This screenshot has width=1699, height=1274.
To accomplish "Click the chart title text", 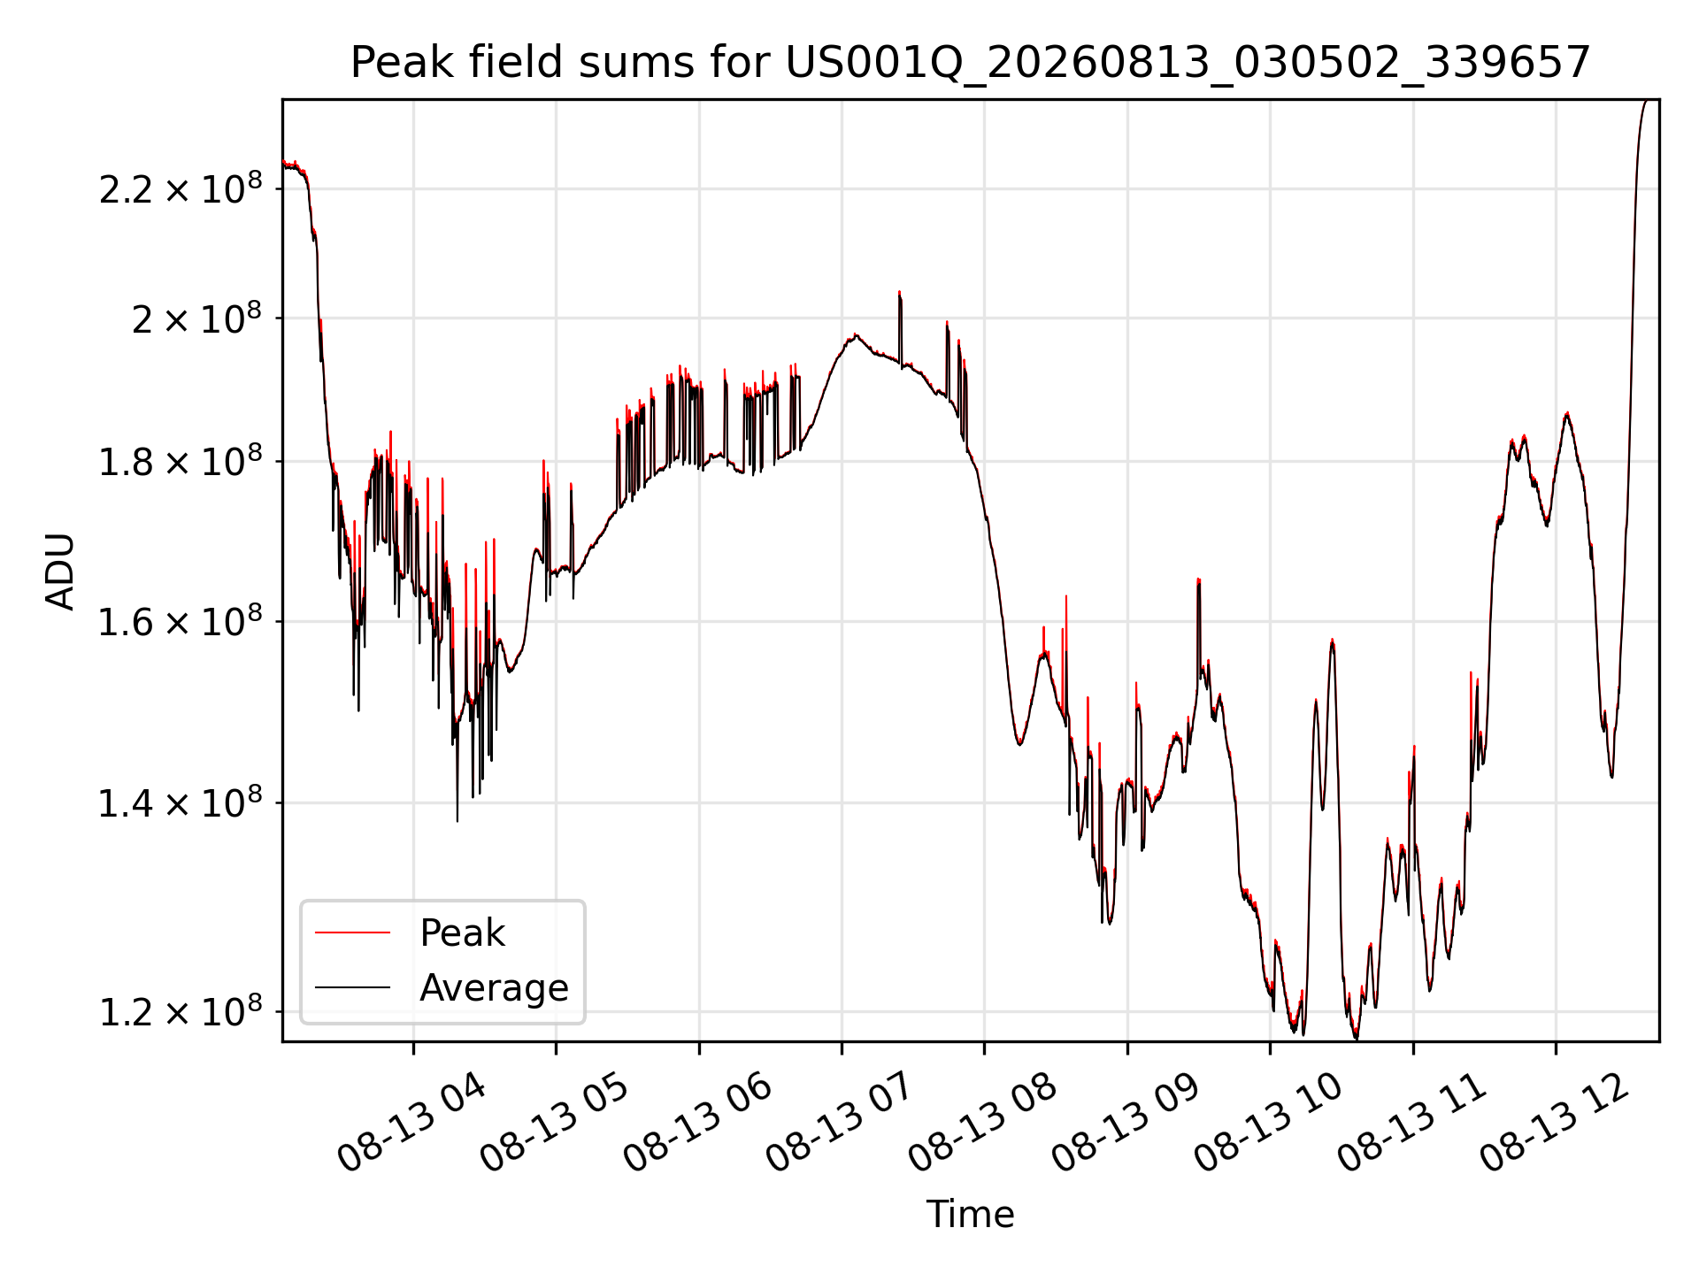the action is coord(971,63).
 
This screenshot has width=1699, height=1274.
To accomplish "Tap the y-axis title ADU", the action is coord(60,572).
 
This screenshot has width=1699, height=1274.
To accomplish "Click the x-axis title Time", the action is coord(970,1214).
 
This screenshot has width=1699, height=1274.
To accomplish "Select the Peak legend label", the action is coord(462,932).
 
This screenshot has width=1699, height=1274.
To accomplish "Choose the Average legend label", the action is coord(494,987).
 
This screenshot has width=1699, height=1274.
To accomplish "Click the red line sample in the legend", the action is coord(352,932).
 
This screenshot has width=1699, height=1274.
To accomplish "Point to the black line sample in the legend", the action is coord(352,987).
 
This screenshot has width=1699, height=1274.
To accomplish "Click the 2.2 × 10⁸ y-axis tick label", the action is coord(181,188).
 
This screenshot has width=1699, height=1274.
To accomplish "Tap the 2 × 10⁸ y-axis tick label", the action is coord(197,318).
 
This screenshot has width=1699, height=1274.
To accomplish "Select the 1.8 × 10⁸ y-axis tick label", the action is coord(181,461).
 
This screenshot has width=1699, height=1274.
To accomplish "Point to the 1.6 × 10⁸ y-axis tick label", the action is coord(181,621).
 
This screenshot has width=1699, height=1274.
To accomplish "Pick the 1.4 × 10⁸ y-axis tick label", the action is coord(181,803).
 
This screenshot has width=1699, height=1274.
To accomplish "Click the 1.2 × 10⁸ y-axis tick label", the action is coord(181,1011).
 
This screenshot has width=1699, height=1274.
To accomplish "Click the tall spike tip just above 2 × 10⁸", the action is coord(899,291).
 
